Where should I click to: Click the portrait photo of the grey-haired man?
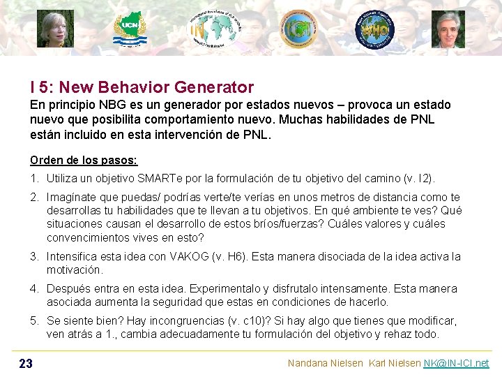pos(448,29)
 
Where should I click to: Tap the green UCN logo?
pos(130,29)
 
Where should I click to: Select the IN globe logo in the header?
pos(214,29)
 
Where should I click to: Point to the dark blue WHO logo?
pos(374,29)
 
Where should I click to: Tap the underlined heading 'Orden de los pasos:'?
pos(84,160)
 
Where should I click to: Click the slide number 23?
pos(26,363)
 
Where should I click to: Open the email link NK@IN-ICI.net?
pos(456,363)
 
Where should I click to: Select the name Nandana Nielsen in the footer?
pos(325,363)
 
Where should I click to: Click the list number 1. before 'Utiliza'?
pos(34,179)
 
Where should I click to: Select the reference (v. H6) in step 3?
pos(226,256)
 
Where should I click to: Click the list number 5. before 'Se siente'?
pos(34,320)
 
